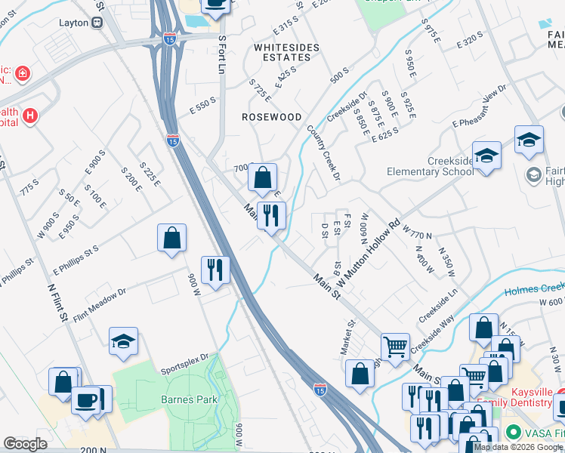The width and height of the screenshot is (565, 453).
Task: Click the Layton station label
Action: coord(74,23)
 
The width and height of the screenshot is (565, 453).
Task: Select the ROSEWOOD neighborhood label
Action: coord(271,117)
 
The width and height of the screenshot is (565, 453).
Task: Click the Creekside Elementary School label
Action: coord(430,167)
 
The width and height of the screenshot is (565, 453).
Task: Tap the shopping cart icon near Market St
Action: coord(395,347)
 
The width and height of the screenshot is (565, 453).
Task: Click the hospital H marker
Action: coord(30,116)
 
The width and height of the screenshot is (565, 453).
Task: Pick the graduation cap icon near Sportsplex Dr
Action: coord(123,341)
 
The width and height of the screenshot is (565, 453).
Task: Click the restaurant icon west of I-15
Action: coord(215,270)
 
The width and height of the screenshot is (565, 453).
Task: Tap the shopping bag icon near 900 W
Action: coord(172,238)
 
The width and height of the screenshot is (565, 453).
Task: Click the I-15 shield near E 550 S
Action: coord(173,140)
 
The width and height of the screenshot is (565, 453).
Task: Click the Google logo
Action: coord(25,444)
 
